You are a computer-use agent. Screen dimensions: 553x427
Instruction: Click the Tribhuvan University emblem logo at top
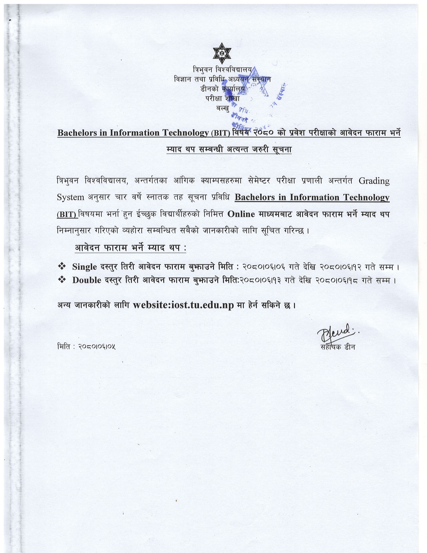222,53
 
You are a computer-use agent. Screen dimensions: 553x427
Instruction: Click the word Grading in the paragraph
374,181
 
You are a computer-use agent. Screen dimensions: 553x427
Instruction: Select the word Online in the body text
241,214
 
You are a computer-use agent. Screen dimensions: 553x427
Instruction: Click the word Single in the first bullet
84,267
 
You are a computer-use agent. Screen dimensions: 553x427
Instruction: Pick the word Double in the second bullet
87,280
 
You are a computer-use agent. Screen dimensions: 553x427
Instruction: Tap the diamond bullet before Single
62,266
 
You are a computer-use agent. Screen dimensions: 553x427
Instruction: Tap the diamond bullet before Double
62,280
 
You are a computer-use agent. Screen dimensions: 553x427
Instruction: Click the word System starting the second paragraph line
70,197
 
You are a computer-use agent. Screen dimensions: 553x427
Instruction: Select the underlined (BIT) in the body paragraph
67,214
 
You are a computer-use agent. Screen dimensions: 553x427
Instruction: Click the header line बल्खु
223,108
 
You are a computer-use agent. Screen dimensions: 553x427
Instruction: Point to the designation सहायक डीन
338,347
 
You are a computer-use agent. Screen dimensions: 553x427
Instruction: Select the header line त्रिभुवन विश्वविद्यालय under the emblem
222,70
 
